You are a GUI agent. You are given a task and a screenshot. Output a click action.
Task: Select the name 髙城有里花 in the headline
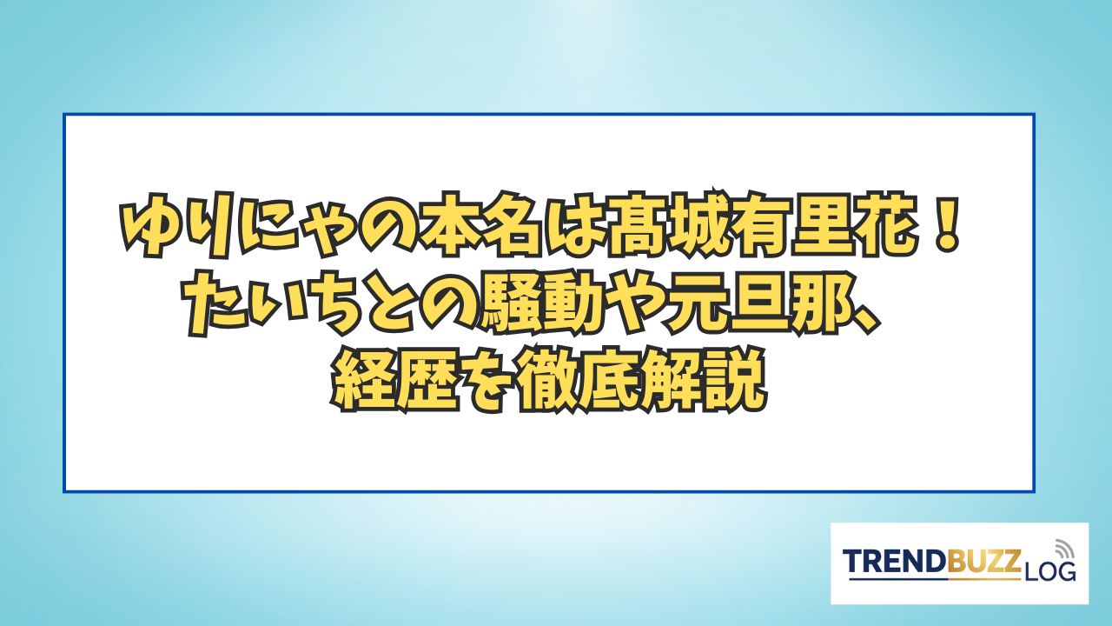coord(759,228)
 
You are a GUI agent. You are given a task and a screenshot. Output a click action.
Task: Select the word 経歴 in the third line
coord(395,383)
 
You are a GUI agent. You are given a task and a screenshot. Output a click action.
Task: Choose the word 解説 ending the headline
coord(701,383)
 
